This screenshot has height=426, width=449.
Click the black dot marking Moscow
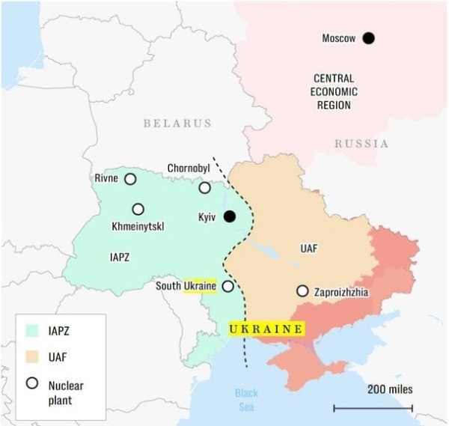click(x=368, y=38)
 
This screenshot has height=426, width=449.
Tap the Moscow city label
click(x=338, y=38)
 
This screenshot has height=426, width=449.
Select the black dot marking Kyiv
click(x=230, y=216)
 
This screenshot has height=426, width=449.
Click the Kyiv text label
click(x=207, y=217)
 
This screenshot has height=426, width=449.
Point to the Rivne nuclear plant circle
click(x=130, y=179)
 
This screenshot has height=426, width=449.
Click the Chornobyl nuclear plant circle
click(x=204, y=187)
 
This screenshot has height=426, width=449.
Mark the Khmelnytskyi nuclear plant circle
click(x=138, y=210)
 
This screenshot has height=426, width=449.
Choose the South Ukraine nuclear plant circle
click(x=227, y=286)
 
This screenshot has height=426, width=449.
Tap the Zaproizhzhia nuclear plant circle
click(x=302, y=290)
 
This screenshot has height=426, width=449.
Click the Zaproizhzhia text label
click(x=341, y=292)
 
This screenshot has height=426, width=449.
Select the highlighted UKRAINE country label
click(x=266, y=329)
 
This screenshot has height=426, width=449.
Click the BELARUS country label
click(x=177, y=123)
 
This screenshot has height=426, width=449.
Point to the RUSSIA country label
click(x=361, y=143)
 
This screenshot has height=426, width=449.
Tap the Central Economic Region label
click(x=334, y=91)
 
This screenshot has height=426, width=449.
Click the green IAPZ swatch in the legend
click(x=31, y=329)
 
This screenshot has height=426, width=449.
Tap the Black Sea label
click(x=245, y=399)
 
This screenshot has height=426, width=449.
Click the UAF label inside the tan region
click(x=308, y=247)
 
